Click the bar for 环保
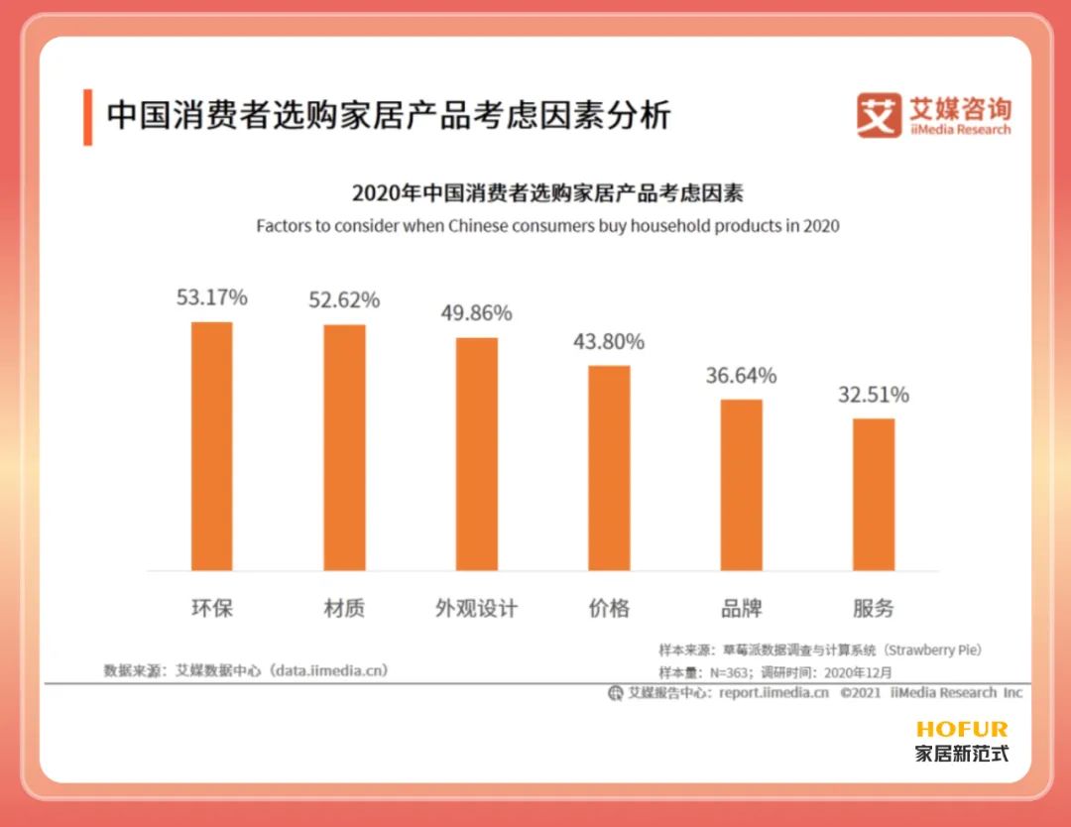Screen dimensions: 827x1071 coord(211,446)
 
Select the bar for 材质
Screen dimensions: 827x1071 coord(344,447)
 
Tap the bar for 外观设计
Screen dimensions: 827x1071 coord(477,454)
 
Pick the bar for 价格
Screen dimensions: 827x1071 coord(609,468)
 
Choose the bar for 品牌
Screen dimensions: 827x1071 coord(742,485)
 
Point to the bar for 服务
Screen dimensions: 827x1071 coord(874,494)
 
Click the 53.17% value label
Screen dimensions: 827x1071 coord(211,296)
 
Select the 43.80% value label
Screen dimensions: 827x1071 coord(609,341)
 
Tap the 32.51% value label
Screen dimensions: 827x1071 coord(874,395)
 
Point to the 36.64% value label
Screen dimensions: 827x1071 coord(742,376)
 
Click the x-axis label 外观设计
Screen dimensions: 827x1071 coord(477,608)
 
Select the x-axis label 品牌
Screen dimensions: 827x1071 coord(742,608)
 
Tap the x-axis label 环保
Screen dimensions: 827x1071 coord(211,608)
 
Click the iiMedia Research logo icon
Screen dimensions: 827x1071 coord(879,115)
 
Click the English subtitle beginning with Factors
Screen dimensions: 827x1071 coord(547,226)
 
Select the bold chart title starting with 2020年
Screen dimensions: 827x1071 coord(547,192)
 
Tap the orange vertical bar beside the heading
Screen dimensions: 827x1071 coord(88,117)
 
